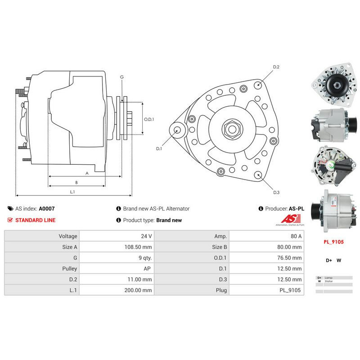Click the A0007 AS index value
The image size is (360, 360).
[47, 209]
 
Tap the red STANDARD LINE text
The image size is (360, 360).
[35, 220]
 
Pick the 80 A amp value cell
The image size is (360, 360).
[296, 236]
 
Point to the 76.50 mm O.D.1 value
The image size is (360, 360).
[290, 258]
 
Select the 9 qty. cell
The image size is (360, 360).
[144, 258]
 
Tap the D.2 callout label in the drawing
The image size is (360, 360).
[276, 67]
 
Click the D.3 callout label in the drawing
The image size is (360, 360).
[276, 193]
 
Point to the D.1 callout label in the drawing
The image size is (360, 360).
[159, 148]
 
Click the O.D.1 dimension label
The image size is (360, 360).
[149, 120]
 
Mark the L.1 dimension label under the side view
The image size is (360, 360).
[72, 192]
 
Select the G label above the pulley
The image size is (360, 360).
[121, 77]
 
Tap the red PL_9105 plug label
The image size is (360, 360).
[333, 242]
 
